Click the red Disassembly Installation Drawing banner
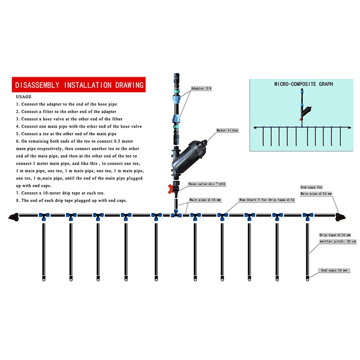click(79, 85)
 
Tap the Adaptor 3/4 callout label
click(201, 89)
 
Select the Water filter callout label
click(228, 130)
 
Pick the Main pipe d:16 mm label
click(205, 199)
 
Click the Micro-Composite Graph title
click(303, 84)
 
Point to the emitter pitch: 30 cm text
click(338, 241)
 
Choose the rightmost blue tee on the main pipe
click(306, 217)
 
